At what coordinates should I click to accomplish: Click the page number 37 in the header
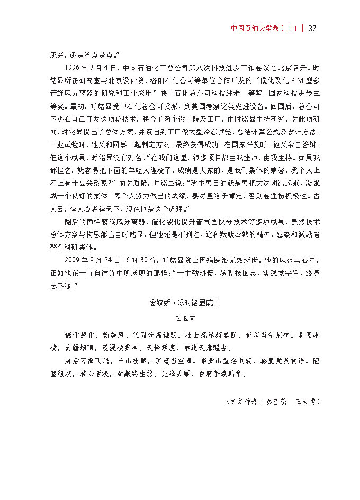tap(311, 28)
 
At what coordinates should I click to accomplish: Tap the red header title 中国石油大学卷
tap(254, 28)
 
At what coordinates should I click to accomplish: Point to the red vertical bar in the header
tap(302, 28)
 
